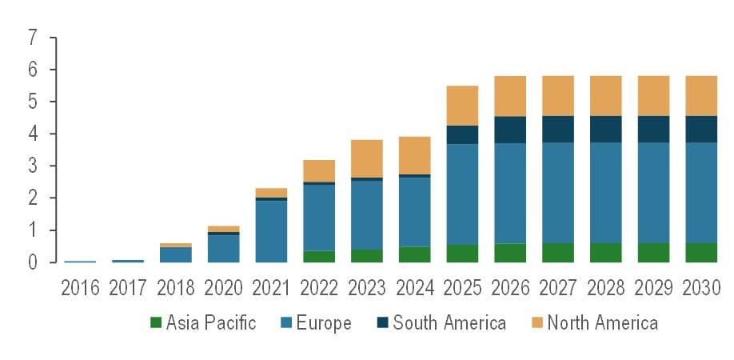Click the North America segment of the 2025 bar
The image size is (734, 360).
(462, 105)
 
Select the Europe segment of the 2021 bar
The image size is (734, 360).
(271, 231)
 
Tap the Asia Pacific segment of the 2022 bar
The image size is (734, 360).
(319, 256)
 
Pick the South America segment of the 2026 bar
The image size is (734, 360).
(510, 130)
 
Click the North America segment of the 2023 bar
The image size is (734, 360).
(367, 158)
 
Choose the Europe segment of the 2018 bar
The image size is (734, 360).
(175, 254)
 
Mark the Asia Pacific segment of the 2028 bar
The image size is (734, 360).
(606, 253)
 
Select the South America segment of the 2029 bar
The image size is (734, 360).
(653, 129)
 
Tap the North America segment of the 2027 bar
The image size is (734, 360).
(558, 96)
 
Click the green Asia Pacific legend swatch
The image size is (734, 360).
(156, 323)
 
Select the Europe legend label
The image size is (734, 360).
(324, 323)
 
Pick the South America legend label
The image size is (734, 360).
(449, 323)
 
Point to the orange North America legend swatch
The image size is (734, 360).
(536, 323)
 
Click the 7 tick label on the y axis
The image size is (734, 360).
(32, 38)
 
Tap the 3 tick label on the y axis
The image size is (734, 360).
(32, 166)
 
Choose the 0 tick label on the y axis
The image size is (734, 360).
(32, 262)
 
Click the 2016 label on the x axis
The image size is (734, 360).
(80, 287)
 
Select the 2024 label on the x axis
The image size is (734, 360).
(414, 287)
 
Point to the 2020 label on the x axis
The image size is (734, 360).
(223, 287)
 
